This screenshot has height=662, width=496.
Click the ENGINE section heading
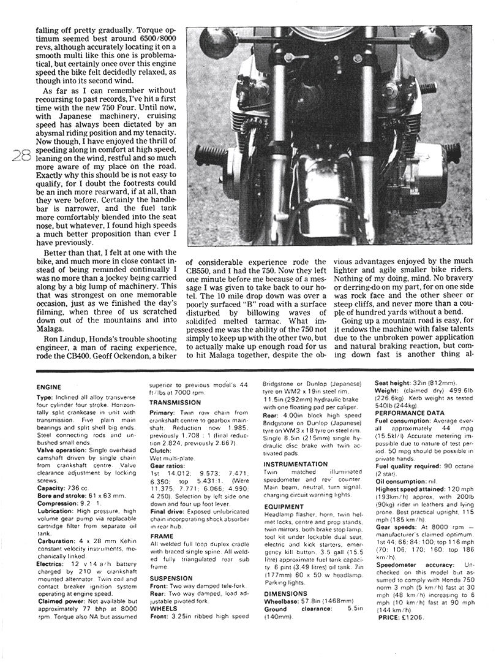(x=49, y=387)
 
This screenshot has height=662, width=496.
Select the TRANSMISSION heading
(x=175, y=403)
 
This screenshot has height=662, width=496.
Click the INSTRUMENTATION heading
(x=296, y=464)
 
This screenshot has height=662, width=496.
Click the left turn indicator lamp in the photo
(x=217, y=42)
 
